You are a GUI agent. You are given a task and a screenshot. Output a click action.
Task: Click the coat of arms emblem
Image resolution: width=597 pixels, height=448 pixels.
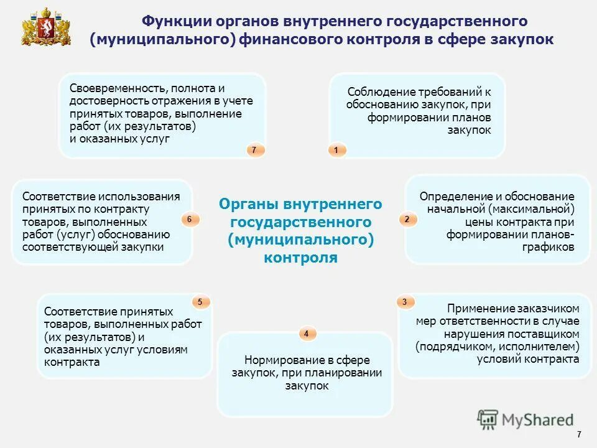[x=46, y=27]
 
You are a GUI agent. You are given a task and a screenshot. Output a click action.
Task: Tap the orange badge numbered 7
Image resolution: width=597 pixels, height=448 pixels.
[x=254, y=150]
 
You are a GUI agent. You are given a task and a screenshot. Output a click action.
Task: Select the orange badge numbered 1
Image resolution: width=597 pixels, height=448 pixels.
[x=336, y=150]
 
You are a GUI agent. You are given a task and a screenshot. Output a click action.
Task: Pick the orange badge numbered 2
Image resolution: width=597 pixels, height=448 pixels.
[x=407, y=220]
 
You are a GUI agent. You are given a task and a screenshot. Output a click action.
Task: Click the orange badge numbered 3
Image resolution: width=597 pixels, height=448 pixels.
[x=405, y=302]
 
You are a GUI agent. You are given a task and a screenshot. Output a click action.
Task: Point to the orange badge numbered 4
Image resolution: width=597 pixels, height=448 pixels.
[x=306, y=334]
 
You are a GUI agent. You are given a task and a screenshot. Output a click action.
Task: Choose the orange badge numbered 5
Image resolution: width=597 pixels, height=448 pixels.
[x=200, y=302]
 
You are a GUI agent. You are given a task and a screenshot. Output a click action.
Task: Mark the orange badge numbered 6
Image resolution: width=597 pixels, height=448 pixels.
[x=190, y=220]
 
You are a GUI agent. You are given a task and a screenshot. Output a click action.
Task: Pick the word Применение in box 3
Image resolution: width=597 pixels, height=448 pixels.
[x=479, y=309]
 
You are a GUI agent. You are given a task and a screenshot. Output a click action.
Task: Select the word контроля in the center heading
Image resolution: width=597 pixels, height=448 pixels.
[x=300, y=258]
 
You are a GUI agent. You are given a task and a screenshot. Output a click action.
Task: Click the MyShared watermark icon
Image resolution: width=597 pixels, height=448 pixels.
[x=489, y=419]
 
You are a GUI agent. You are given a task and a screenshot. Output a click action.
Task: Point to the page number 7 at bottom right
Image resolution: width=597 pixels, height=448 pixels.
[x=579, y=434]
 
